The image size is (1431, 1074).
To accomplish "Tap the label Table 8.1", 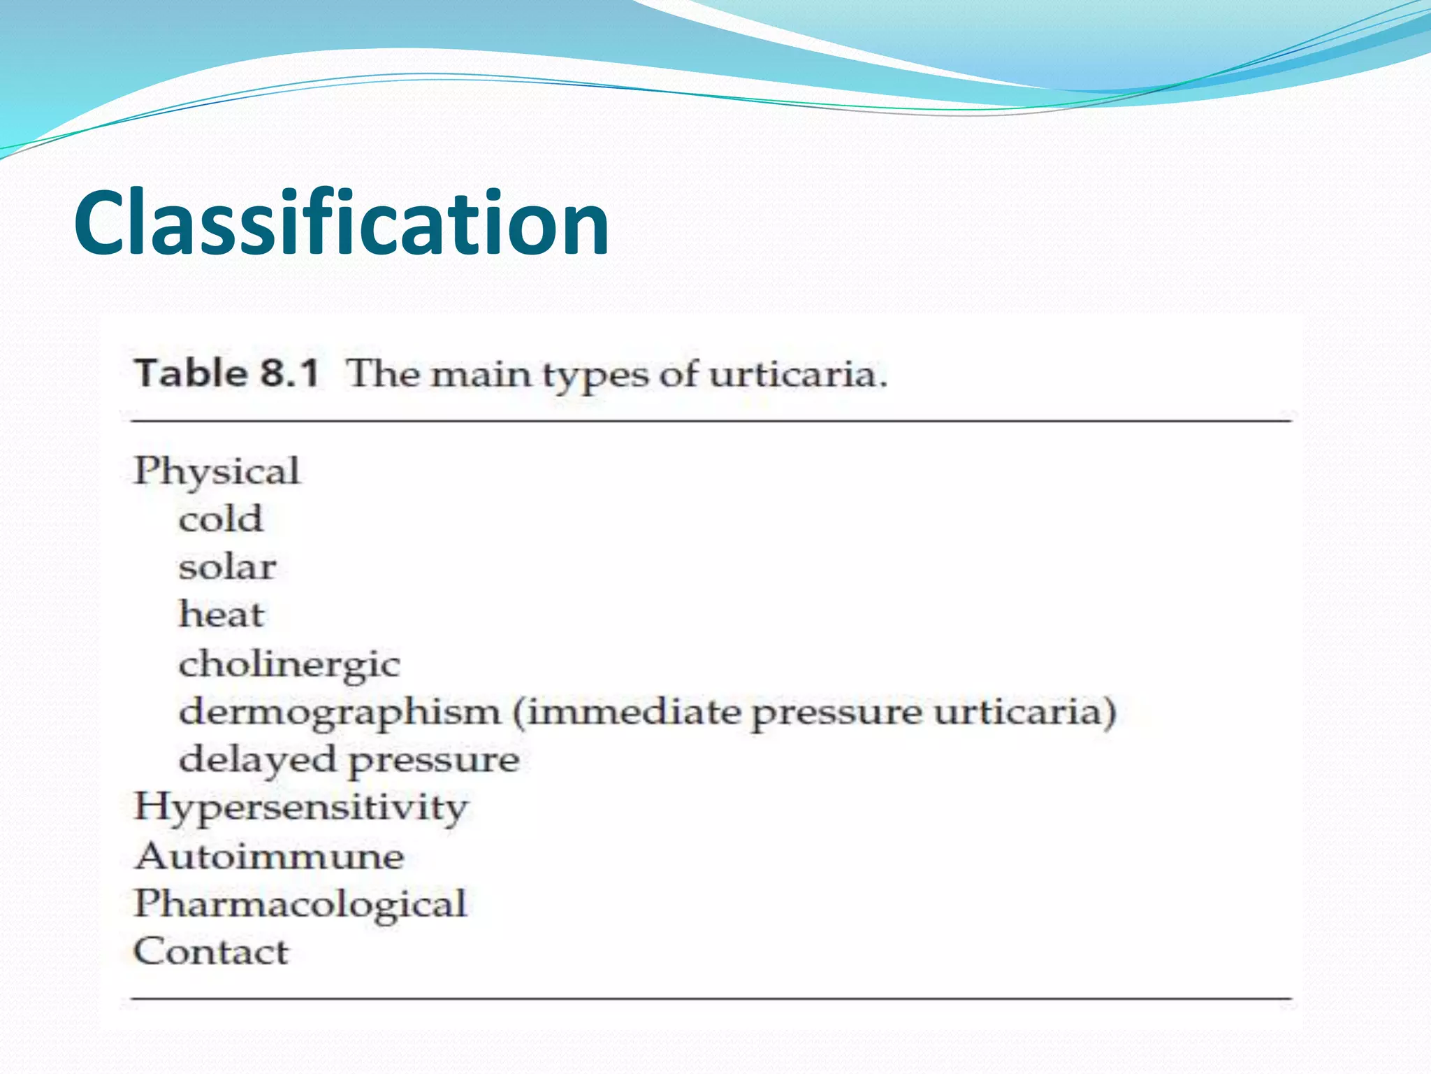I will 226,373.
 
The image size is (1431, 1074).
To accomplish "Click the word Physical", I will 217,471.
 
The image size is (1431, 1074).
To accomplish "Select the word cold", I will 221,520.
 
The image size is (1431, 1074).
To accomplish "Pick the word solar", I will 227,567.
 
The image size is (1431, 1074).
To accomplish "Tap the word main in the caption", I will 481,374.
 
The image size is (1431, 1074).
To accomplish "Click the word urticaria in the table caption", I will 797,374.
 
